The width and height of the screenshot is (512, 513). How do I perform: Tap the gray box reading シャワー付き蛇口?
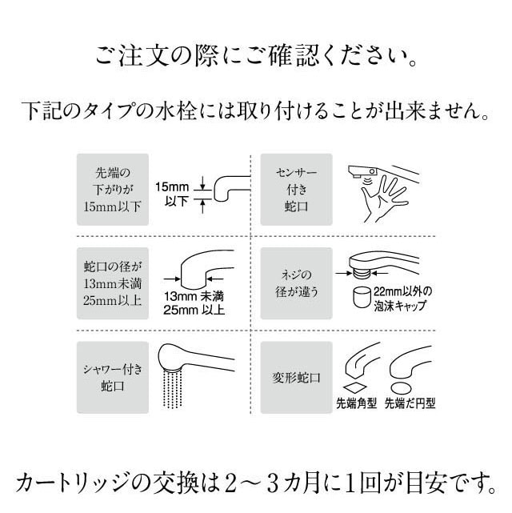click(112, 376)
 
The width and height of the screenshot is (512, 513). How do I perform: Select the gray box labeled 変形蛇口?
click(296, 376)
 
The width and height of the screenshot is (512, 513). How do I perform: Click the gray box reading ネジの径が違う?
click(296, 283)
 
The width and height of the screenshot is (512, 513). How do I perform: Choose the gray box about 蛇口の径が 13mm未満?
click(112, 283)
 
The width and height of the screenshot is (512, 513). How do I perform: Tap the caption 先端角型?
click(356, 404)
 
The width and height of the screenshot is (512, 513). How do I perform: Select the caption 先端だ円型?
click(410, 404)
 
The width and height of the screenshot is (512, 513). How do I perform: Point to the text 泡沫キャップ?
click(399, 306)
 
